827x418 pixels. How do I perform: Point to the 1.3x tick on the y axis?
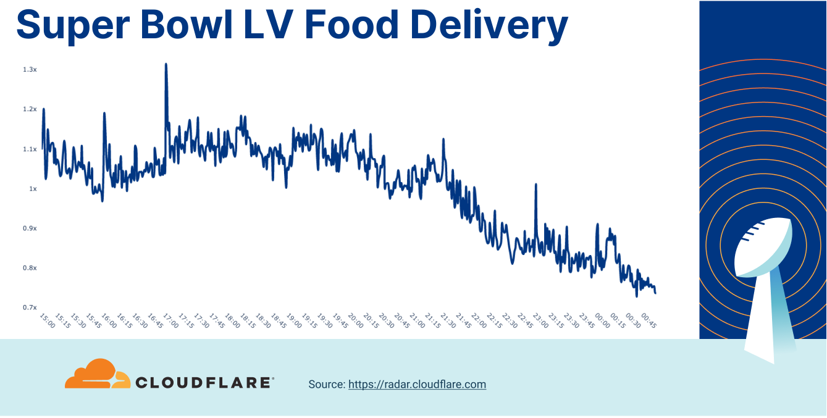click(30, 70)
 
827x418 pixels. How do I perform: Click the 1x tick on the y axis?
click(33, 189)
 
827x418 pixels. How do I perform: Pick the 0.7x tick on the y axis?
click(30, 307)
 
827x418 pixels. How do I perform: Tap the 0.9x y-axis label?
click(30, 228)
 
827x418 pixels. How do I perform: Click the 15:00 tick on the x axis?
click(46, 320)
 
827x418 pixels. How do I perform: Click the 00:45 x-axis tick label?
click(647, 320)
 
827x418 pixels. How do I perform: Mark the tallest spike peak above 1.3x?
click(166, 64)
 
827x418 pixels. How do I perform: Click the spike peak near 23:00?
click(535, 185)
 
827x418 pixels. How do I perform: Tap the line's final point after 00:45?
click(655, 293)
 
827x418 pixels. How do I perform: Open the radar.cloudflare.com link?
click(417, 385)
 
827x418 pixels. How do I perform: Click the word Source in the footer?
click(325, 385)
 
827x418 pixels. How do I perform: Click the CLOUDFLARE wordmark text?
click(203, 383)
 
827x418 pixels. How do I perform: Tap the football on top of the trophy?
click(762, 247)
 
